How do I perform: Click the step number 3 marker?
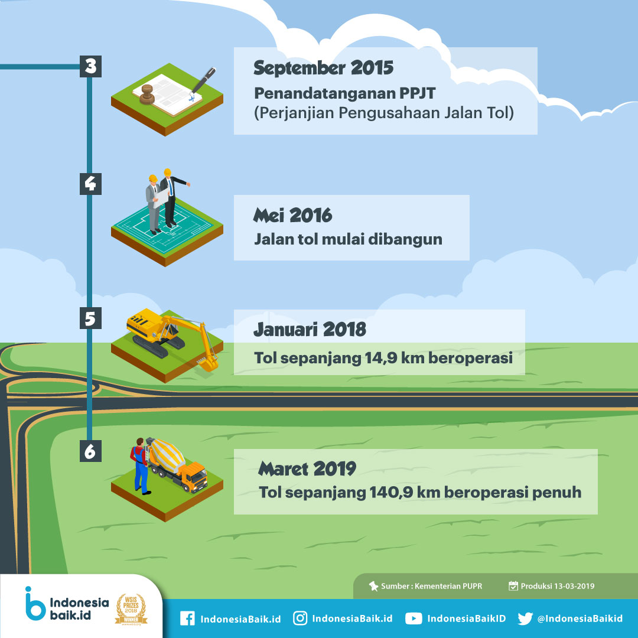tap(90, 66)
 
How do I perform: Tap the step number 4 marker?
tap(90, 184)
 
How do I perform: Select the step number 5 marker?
tap(90, 318)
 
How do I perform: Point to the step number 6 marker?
tap(90, 451)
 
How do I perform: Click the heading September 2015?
tap(324, 68)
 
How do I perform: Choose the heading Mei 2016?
tap(292, 215)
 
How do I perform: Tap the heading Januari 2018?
tap(310, 330)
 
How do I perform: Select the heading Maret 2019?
tap(307, 468)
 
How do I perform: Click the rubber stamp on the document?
tap(147, 95)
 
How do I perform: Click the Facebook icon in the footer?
tap(188, 619)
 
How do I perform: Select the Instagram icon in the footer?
tap(300, 618)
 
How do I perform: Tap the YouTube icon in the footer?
tap(414, 619)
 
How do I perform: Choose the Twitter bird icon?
tap(525, 619)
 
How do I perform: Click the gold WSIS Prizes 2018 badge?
tap(131, 609)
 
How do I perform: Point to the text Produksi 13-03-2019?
tap(558, 586)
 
